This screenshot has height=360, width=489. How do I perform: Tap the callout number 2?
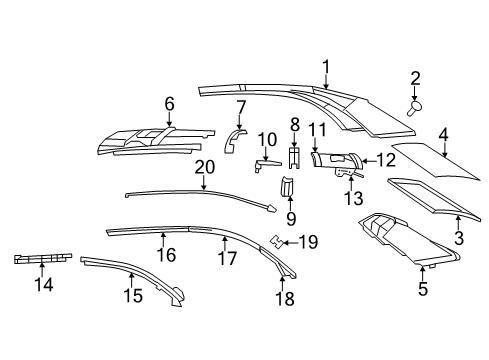point(415,78)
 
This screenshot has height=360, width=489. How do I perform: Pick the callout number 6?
point(169,102)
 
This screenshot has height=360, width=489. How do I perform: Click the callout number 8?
point(295,125)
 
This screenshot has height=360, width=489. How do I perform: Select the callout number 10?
point(266,138)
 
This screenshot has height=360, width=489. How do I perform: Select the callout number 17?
point(228,258)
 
